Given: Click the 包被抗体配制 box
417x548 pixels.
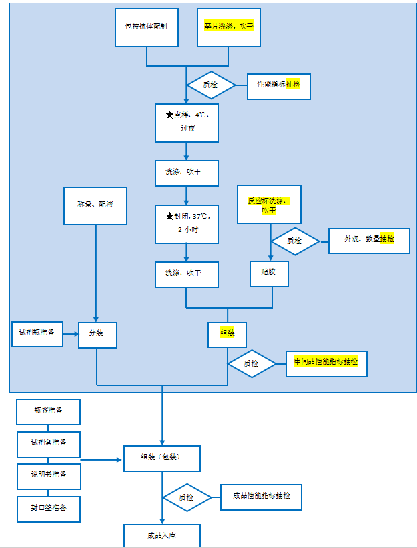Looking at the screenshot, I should coord(147,27).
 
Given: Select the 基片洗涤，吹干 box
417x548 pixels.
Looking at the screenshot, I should coord(229,27).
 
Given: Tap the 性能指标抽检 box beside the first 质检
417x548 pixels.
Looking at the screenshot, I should coord(279,85).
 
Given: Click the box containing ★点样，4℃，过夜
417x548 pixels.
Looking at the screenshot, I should coord(187,123).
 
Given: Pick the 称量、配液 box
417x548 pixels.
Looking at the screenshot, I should coord(96,205).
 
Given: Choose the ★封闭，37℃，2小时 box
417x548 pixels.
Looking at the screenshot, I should coord(187,223).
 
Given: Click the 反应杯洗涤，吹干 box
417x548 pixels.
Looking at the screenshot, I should coord(270,204).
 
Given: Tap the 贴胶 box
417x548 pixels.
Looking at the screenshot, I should coord(270,273).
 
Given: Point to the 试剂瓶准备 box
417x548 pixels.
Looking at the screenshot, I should coord(37,333).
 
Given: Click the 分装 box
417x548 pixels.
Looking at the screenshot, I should coord(97,335).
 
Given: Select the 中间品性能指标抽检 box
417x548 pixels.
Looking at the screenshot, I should coord(326,363).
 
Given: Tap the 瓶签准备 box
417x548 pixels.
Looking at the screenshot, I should coord(48,412).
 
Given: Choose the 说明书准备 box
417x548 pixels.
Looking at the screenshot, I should coord(48,476).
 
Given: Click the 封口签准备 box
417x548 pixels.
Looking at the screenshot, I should coord(48,508).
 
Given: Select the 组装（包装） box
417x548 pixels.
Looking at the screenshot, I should coord(161,458).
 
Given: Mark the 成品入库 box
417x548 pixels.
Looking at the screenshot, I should coord(161,536).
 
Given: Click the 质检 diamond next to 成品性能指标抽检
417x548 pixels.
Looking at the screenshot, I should coord(187,497).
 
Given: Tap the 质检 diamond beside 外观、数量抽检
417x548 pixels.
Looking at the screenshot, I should coord(295,241).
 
